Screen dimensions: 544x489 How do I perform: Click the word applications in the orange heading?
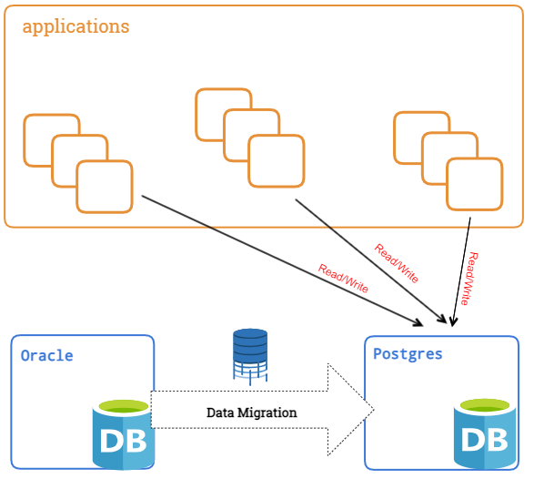[76, 26]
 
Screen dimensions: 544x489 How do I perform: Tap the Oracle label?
[46, 356]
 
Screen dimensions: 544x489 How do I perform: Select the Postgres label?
[408, 354]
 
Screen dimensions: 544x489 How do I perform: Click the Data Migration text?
[251, 413]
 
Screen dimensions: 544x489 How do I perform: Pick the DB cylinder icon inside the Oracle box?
[124, 434]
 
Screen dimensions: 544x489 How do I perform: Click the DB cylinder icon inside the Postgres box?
[485, 433]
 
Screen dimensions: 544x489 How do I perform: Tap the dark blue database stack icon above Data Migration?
[250, 356]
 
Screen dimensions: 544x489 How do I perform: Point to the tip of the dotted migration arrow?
[374, 410]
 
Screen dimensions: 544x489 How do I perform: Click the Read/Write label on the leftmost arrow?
[343, 278]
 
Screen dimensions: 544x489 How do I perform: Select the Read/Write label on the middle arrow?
[397, 263]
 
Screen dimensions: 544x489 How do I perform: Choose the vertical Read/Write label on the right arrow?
[469, 279]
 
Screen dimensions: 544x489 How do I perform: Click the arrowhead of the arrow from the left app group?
[418, 322]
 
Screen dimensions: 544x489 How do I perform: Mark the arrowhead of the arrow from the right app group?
[453, 321]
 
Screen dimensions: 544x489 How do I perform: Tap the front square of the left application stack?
[105, 187]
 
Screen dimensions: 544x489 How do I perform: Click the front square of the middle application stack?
[277, 161]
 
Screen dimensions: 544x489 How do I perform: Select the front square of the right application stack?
[475, 184]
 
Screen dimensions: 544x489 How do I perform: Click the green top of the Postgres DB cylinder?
[485, 405]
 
